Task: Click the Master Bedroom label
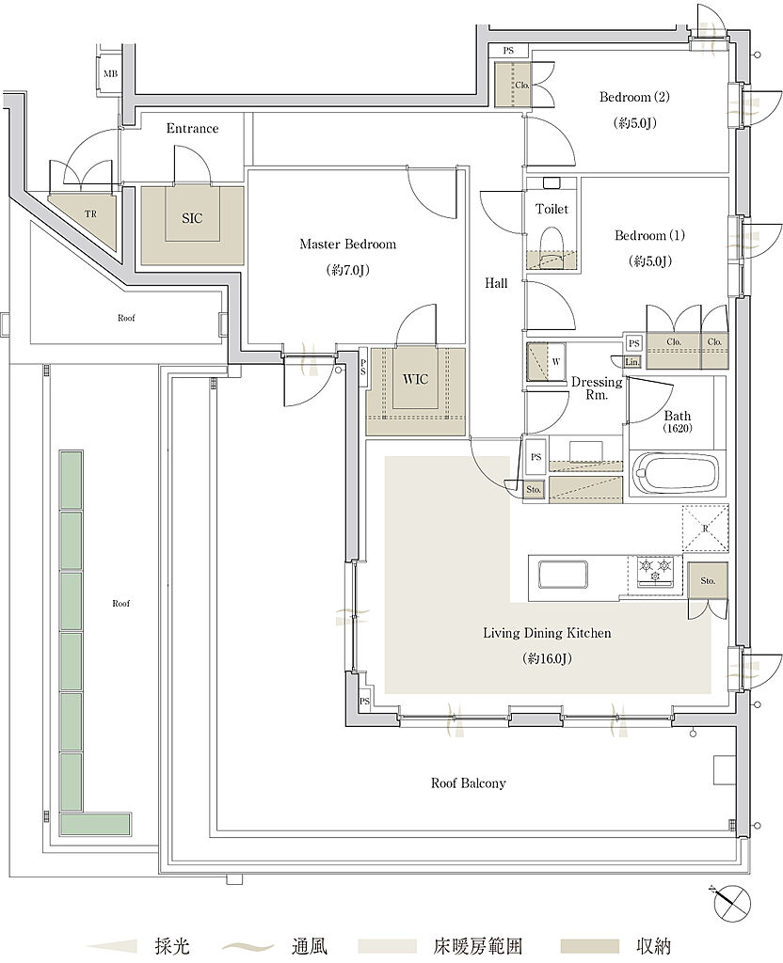348,245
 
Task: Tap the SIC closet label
192,218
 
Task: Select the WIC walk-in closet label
415,380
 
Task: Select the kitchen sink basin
563,575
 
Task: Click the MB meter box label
111,73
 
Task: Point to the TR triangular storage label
90,214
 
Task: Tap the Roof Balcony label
469,783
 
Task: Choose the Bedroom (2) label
634,97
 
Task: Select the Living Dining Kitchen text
547,633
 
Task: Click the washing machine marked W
547,362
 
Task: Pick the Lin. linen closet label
632,362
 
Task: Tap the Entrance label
192,128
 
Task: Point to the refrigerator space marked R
706,528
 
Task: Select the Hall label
496,283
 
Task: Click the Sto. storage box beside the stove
708,580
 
